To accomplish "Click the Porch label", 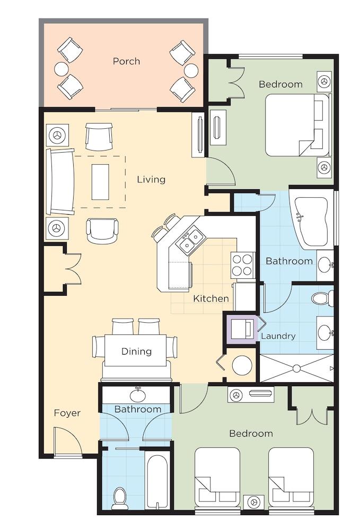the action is (126, 61).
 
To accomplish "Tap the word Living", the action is (151, 180).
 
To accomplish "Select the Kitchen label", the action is (211, 298).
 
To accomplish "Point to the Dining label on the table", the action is (136, 351).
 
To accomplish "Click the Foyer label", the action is (67, 413).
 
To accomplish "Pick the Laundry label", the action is (278, 336).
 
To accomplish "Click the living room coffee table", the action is (100, 182).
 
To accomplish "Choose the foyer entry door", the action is (68, 443).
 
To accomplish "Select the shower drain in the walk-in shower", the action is (297, 368).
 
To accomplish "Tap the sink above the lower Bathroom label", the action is (138, 394).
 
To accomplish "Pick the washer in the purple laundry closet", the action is (242, 328).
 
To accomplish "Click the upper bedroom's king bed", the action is (297, 125).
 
